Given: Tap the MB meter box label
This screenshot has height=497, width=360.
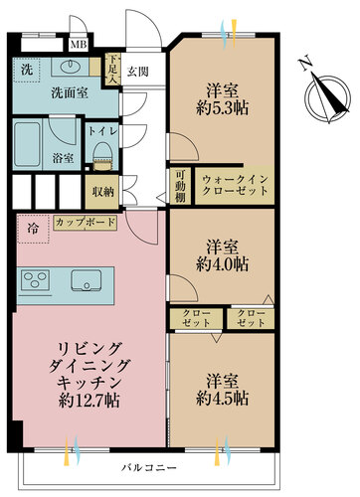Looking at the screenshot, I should point(77,45).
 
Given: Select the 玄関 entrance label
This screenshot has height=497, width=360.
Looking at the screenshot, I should point(137,72).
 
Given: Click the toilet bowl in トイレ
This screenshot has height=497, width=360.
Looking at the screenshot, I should point(100,150).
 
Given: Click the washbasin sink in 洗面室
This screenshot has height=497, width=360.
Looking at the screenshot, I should point(71,67).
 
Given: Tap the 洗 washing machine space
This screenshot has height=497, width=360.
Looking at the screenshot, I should point(26,72).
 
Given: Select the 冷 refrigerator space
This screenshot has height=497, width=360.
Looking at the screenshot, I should point(33,227).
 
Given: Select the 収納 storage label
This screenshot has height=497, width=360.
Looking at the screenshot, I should point(102,191).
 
